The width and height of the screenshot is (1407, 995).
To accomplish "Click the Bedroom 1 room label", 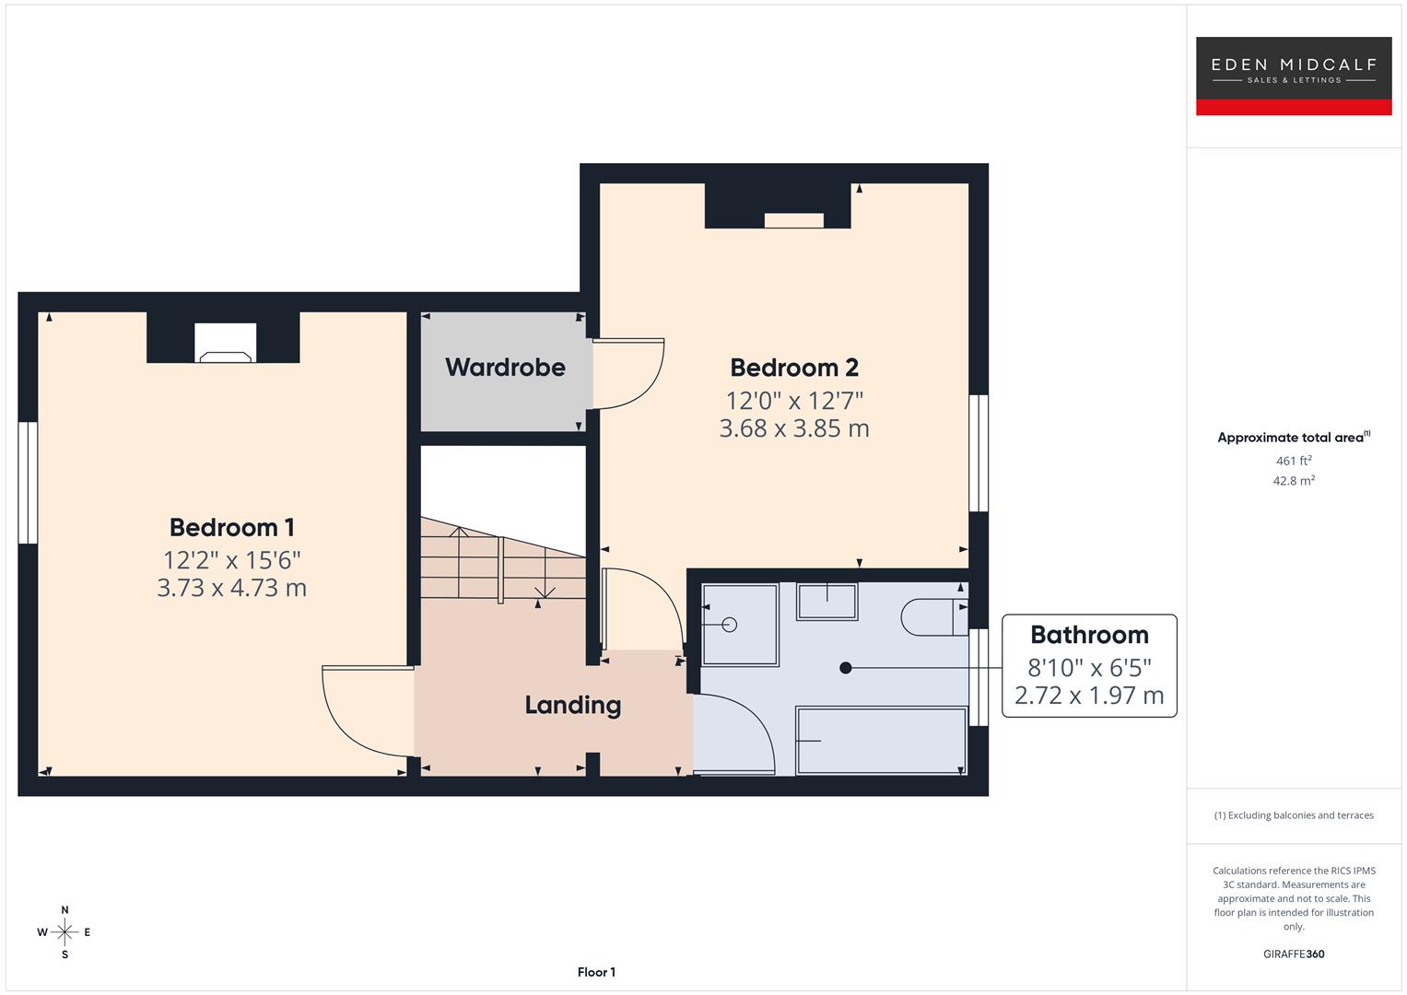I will point(231,528).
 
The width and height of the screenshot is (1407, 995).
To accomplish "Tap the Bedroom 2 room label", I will point(793,368).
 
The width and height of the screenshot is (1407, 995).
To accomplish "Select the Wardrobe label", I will point(505,368).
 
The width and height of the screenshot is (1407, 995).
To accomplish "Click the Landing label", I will point(572,705).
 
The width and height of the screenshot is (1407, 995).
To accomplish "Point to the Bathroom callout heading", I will point(1089,635).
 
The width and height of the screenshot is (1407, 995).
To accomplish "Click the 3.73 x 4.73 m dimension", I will point(231,588).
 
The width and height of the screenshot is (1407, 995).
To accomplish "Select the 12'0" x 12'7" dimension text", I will point(793,401).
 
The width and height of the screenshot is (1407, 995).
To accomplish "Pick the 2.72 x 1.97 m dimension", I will point(1089,696).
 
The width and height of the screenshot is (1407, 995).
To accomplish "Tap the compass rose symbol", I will point(64,932).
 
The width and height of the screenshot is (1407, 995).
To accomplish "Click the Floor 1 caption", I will point(596,972).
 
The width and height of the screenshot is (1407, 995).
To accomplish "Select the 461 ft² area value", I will point(1293,461).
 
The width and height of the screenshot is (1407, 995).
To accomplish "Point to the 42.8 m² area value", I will point(1293,481).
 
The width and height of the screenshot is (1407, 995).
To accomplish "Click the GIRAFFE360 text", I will point(1293,954).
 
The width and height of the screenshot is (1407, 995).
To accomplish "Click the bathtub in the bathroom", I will point(880,741).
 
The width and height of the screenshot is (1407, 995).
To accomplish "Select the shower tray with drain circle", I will point(739,625).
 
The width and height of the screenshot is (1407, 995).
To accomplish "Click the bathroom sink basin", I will point(827,602).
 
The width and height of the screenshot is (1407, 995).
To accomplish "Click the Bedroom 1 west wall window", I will point(28,483).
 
